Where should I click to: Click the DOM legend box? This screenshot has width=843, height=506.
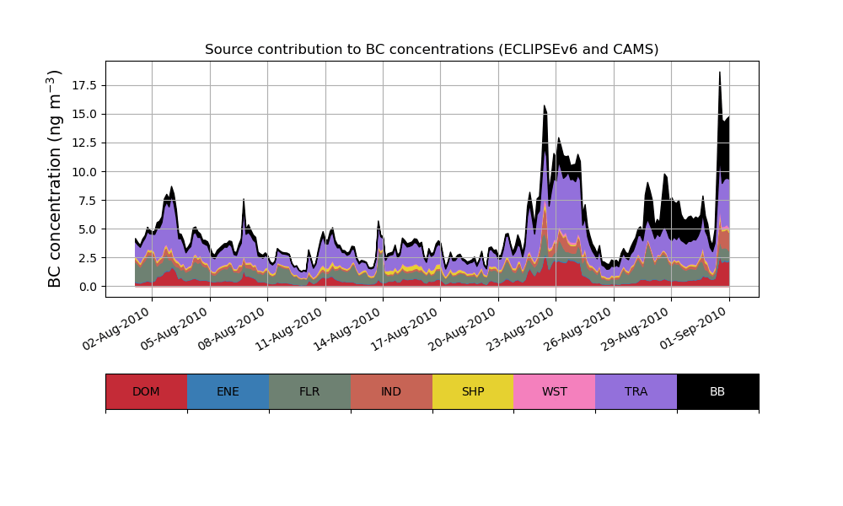coord(146,391)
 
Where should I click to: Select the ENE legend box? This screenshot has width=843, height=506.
coord(228,391)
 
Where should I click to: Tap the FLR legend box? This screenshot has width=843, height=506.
coord(309,391)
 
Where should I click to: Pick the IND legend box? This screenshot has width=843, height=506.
coord(391,391)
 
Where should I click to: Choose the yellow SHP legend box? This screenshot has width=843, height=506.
coord(473,391)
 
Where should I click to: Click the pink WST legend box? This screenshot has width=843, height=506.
coord(555,391)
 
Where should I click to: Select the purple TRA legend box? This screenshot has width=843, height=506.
coord(636,391)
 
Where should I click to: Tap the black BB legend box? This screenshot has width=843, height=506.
coord(717,391)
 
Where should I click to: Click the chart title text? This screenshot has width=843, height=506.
coord(432,50)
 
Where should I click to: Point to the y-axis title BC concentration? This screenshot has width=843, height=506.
coord(56,179)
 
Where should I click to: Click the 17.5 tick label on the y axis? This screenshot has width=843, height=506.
coord(83,85)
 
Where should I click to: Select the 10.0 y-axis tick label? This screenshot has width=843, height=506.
coord(83,171)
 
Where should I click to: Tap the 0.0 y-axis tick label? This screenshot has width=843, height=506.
coord(86,287)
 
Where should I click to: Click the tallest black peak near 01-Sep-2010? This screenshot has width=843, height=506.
coord(719,73)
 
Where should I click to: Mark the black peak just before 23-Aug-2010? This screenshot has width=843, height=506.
coord(545,107)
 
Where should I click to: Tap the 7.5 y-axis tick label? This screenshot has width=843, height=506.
coord(86,200)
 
